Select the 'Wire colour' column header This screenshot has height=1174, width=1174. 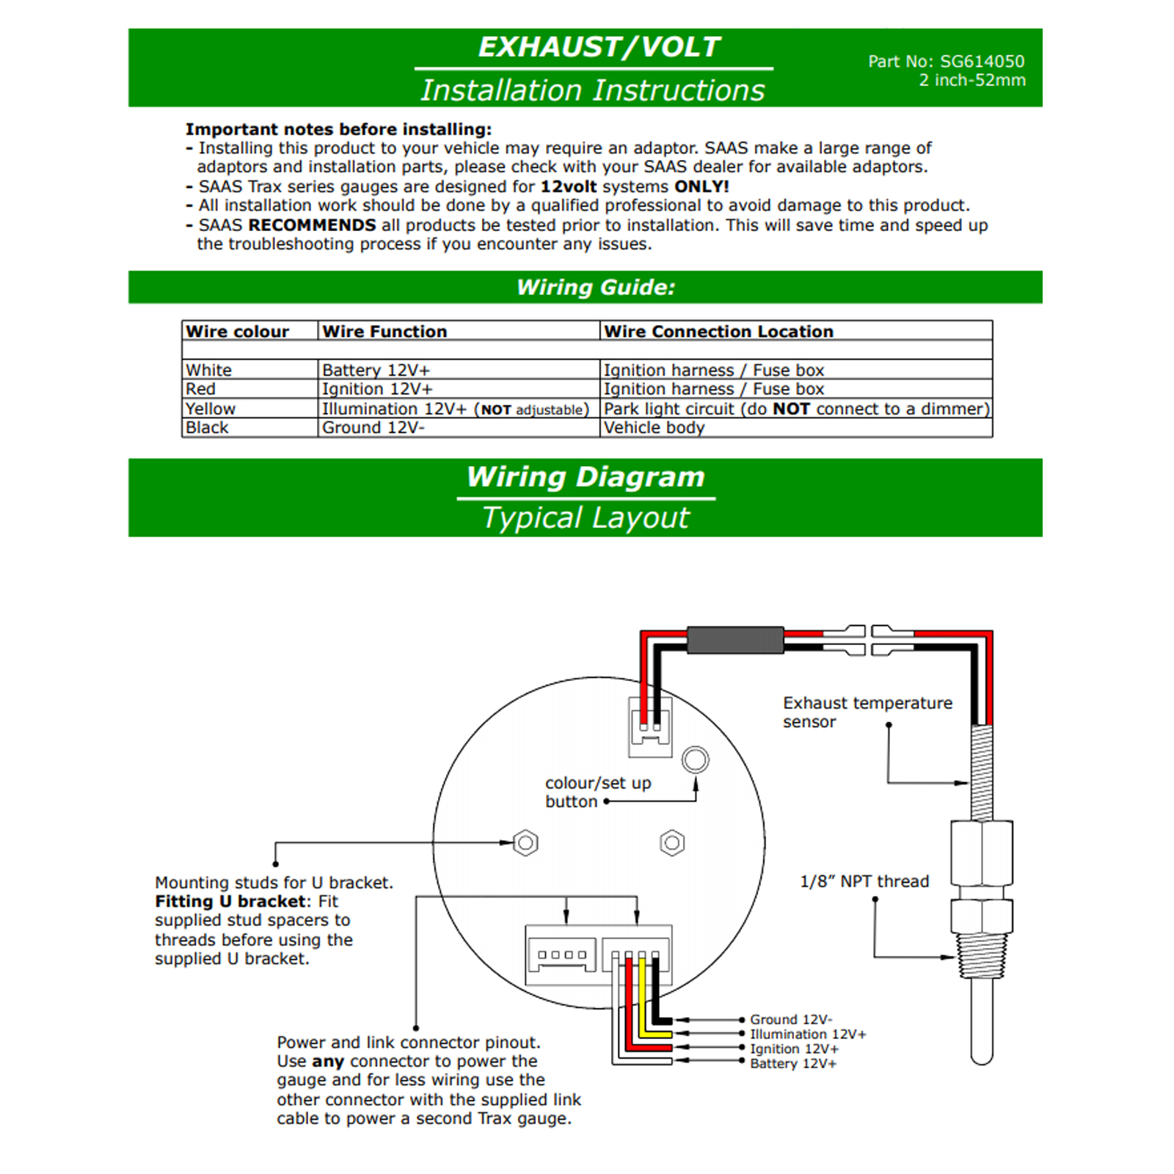238,332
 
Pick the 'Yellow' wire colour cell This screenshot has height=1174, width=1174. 211,409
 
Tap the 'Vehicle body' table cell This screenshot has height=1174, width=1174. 654,428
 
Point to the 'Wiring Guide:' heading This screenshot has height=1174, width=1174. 596,287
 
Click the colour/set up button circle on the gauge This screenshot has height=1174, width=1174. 695,759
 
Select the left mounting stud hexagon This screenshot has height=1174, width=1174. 525,843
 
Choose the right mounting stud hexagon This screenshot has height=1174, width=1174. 672,843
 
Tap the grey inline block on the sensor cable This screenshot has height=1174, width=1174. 735,640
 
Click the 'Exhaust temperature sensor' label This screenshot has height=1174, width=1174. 867,712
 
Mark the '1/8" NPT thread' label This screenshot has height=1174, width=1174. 864,881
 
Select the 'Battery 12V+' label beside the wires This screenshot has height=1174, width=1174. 793,1063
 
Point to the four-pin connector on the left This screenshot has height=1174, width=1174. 562,955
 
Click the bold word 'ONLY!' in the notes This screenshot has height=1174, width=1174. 701,186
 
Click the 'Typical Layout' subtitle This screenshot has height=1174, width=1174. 586,518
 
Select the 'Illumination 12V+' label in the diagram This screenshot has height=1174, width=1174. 808,1034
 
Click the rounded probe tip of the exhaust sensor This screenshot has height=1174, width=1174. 981,1057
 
